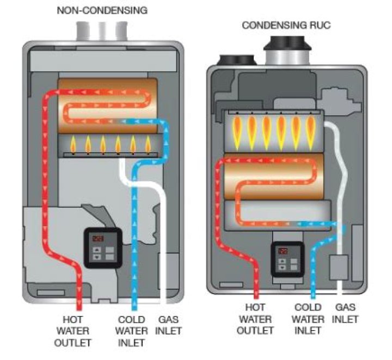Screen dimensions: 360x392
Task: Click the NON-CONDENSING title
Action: click(103, 10)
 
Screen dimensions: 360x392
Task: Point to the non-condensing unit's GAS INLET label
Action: click(169, 325)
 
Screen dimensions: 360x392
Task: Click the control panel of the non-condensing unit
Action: click(102, 247)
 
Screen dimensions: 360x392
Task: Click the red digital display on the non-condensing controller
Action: click(97, 238)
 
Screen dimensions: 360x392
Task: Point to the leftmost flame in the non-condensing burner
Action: click(73, 145)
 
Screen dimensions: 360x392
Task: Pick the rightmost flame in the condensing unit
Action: click(311, 131)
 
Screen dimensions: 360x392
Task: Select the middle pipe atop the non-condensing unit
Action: click(102, 31)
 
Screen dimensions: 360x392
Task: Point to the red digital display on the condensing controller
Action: click(284, 252)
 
